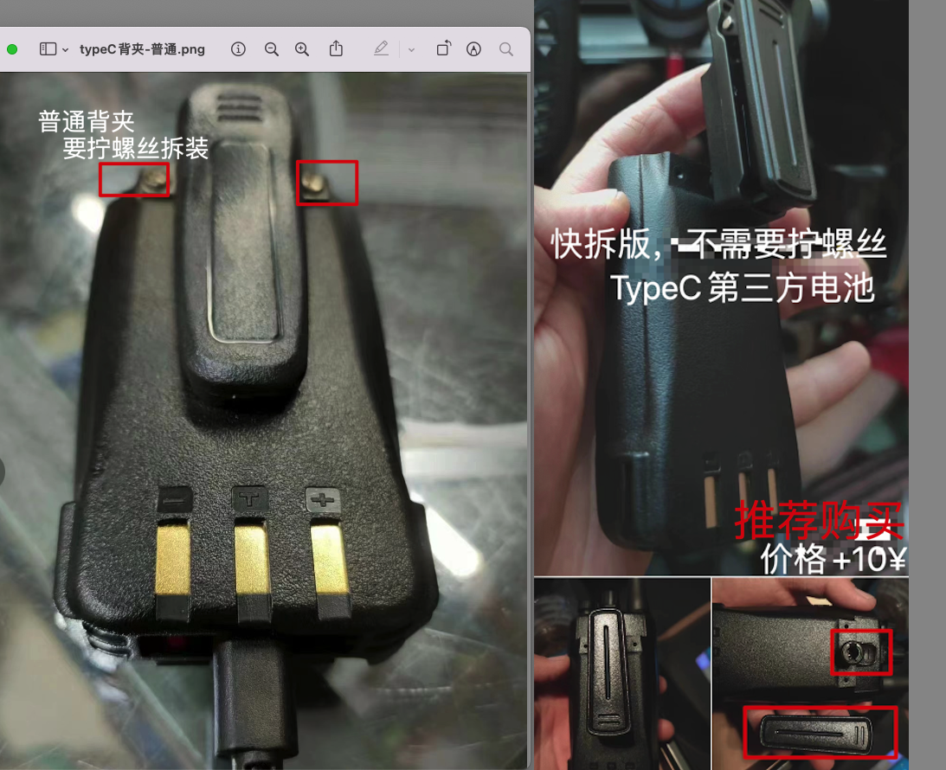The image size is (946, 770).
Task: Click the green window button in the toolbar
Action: [x=12, y=49]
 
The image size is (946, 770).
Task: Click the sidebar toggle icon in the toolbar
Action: [x=48, y=48]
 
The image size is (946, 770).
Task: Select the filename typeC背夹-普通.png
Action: [x=142, y=49]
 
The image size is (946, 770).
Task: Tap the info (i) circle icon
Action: [x=238, y=48]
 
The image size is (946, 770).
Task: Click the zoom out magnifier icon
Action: [x=272, y=49]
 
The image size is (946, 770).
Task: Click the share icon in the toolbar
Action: [x=336, y=48]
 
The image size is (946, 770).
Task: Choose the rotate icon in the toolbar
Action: [x=443, y=48]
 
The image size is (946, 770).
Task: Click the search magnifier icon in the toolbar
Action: [x=506, y=49]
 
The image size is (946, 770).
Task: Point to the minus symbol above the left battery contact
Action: [x=175, y=500]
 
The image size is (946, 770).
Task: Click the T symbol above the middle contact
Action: [x=250, y=498]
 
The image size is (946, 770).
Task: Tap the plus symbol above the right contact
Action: [x=323, y=499]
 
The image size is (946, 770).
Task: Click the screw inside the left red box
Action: [x=154, y=179]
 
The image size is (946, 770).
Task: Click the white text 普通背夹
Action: [x=87, y=121]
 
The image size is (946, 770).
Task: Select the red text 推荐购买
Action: [x=819, y=519]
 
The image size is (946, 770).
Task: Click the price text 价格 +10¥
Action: [x=833, y=559]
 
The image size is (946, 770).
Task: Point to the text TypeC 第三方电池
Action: [x=743, y=287]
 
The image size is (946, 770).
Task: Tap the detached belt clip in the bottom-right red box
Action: [x=815, y=733]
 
